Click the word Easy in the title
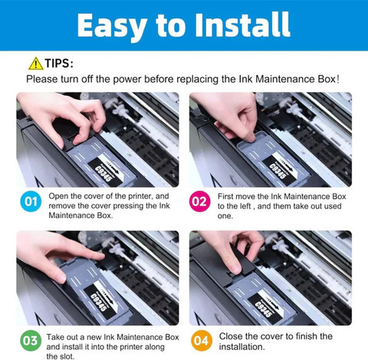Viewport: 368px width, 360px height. pos(112,25)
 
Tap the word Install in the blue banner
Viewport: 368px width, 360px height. pos(242,25)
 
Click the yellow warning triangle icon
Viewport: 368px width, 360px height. pos(36,64)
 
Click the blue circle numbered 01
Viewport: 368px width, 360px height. pos(31,201)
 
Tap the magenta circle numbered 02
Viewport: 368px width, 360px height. pos(200,201)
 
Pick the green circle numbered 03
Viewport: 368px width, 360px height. pos(31,341)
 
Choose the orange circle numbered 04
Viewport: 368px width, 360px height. pos(202,341)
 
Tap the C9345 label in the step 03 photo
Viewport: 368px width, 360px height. pos(98,303)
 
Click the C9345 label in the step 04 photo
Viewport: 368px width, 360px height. pos(263,309)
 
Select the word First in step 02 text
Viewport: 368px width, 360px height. pos(225,197)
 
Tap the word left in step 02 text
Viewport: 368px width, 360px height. pos(245,206)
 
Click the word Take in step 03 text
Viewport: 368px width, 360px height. pos(55,337)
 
